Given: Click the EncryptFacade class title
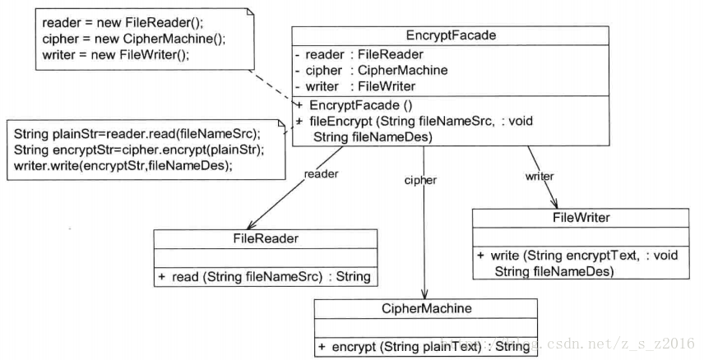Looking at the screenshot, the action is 451,35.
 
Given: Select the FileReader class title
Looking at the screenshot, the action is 266,238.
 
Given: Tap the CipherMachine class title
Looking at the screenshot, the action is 427,308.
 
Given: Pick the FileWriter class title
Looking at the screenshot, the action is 581,218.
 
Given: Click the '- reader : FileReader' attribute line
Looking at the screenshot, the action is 359,55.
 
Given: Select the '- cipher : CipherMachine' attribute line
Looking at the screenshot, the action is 371,71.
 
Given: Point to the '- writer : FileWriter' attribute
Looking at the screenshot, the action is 355,86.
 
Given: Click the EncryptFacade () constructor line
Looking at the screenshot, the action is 354,105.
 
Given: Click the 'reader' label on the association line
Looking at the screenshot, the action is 321,174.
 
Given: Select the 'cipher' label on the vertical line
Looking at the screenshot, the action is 420,181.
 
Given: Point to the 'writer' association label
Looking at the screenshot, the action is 540,177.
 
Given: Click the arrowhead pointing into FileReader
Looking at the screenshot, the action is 250,225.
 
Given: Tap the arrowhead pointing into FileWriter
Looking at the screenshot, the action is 554,203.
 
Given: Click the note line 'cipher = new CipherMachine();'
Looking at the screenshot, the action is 134,39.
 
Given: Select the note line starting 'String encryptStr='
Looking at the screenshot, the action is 139,150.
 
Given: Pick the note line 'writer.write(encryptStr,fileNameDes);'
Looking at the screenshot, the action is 123,166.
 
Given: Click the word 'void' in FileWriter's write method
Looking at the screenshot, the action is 666,256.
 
